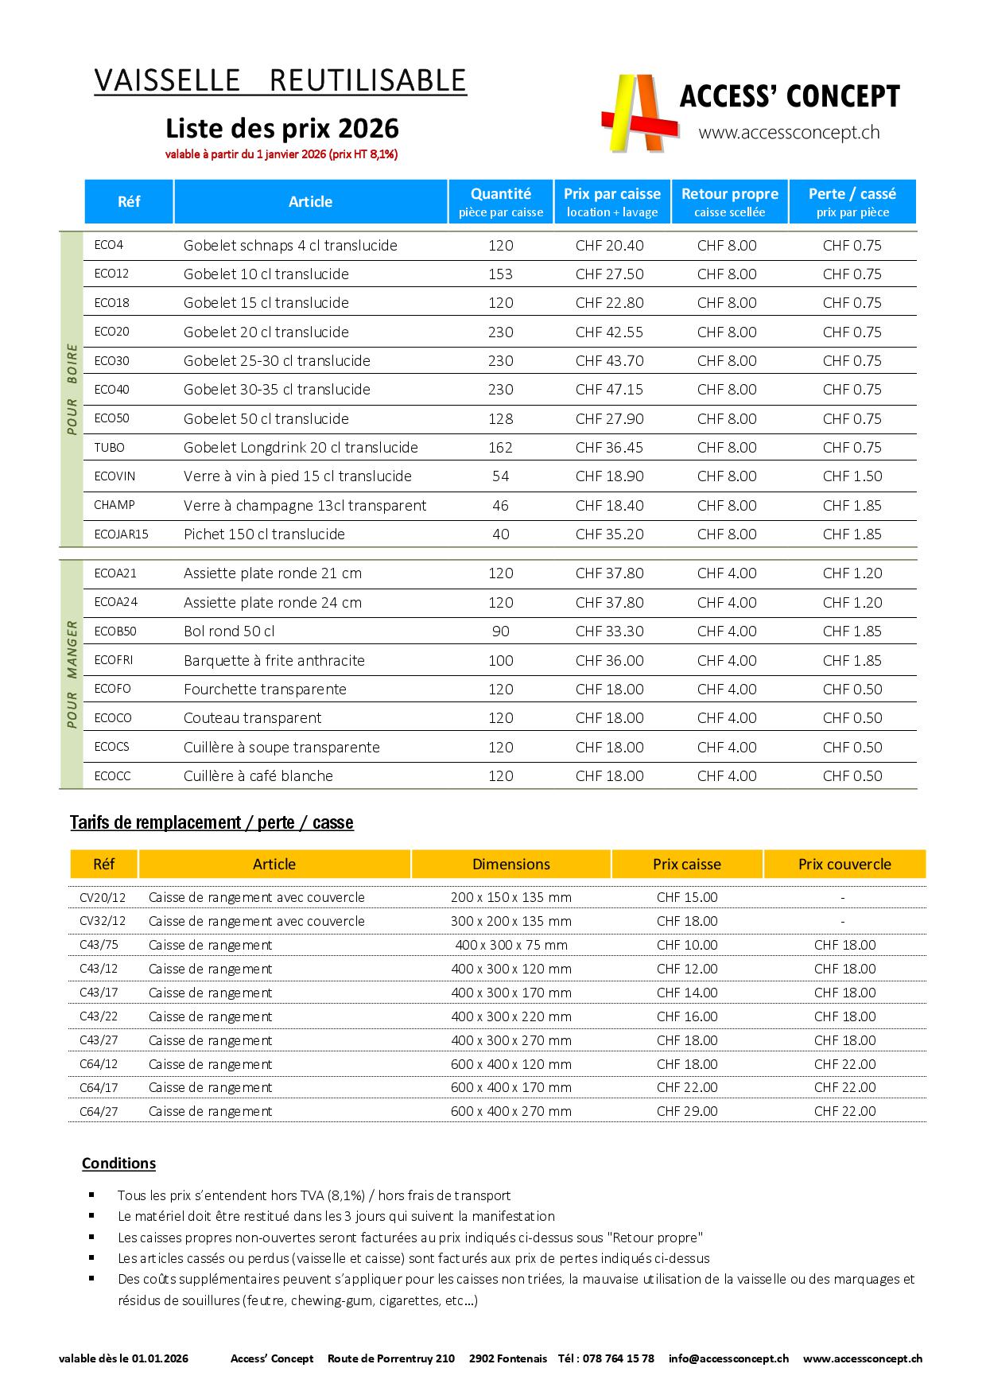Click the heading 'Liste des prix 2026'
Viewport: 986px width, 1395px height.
pyautogui.click(x=281, y=128)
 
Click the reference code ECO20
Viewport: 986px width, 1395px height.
pyautogui.click(x=111, y=332)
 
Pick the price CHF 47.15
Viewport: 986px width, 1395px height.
pyautogui.click(x=609, y=390)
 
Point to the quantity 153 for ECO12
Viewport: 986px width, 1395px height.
pyautogui.click(x=501, y=274)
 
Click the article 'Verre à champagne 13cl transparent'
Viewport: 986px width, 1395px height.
pyautogui.click(x=305, y=506)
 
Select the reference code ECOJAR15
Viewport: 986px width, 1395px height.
pyautogui.click(x=121, y=534)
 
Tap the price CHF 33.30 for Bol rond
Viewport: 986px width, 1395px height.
pyautogui.click(x=609, y=631)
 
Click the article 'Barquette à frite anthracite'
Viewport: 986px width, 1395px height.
pyautogui.click(x=274, y=661)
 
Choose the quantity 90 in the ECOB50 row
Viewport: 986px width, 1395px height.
pyautogui.click(x=501, y=631)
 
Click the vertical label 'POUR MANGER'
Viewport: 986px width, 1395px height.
pyautogui.click(x=72, y=674)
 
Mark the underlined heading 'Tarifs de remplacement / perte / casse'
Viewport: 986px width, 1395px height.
pyautogui.click(x=212, y=823)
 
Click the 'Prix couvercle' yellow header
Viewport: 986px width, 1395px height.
pyautogui.click(x=844, y=865)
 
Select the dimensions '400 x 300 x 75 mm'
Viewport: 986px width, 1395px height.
pyautogui.click(x=510, y=946)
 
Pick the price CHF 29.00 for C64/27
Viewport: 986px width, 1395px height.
pyautogui.click(x=687, y=1112)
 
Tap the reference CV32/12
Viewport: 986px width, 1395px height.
pyautogui.click(x=103, y=922)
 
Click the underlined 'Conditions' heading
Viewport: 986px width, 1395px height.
pyautogui.click(x=118, y=1164)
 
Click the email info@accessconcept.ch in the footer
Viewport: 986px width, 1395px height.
pyautogui.click(x=728, y=1359)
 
